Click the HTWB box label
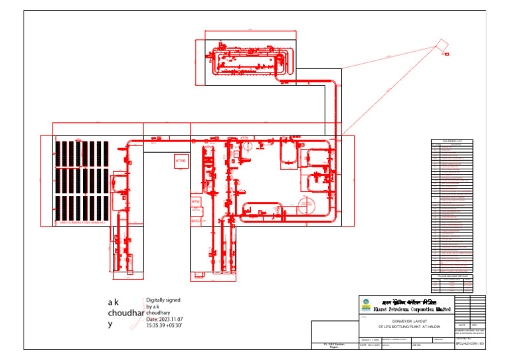coord(181,161)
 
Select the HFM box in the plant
coord(196,201)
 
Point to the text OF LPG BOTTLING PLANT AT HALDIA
coord(404,327)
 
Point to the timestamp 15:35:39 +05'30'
coord(164,325)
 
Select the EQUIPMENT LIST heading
coord(452,141)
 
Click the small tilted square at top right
coord(440,44)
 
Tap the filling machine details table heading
coord(452,275)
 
